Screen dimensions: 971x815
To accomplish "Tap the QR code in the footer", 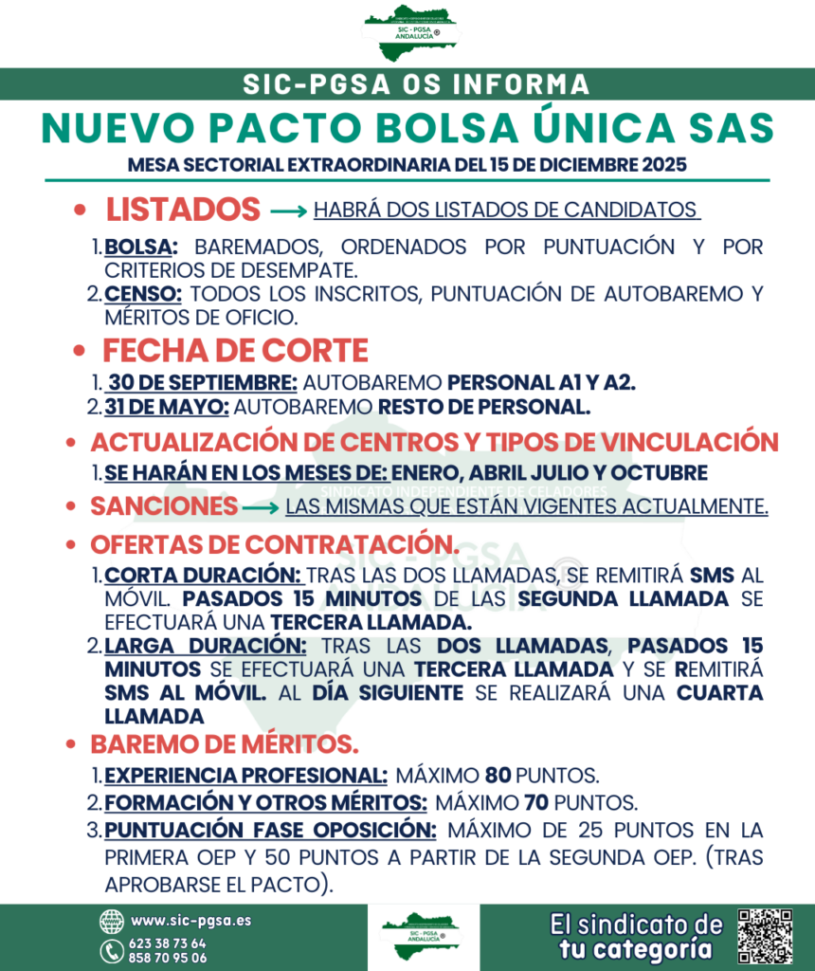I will click(765, 936).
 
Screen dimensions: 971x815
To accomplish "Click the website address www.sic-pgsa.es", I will click(190, 920).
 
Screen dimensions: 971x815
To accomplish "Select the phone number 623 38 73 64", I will click(168, 944).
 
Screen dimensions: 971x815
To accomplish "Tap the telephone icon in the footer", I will click(112, 950).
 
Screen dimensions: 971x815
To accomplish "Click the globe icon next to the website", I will click(112, 921).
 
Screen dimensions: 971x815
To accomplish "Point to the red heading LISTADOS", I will click(182, 210).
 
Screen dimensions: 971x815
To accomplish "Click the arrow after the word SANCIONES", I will click(261, 508).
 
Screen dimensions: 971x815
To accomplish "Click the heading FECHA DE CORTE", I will click(235, 350).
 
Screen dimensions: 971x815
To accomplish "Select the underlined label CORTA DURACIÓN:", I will click(203, 577).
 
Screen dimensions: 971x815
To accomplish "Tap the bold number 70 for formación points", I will click(537, 802).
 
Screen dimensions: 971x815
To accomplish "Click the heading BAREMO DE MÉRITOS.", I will click(224, 742).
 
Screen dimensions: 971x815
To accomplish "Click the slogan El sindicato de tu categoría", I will click(636, 936).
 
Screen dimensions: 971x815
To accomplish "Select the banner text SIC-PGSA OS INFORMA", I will click(416, 84).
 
